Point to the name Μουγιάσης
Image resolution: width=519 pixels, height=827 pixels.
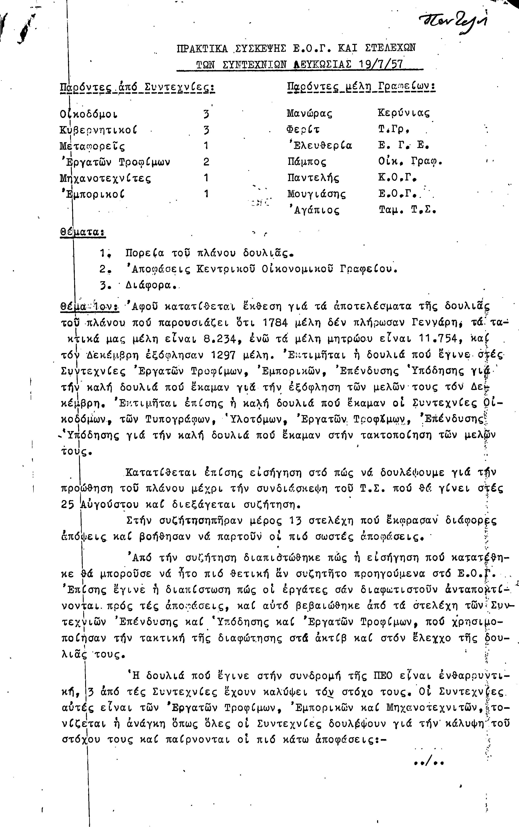coord(316,194)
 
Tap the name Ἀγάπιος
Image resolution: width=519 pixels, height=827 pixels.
coord(314,210)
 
